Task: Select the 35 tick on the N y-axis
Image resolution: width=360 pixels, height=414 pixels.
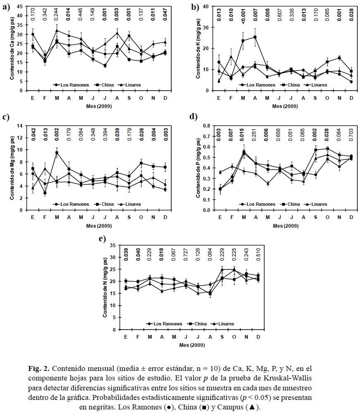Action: point(115,246)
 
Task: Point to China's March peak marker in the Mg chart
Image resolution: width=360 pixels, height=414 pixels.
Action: point(57,152)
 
